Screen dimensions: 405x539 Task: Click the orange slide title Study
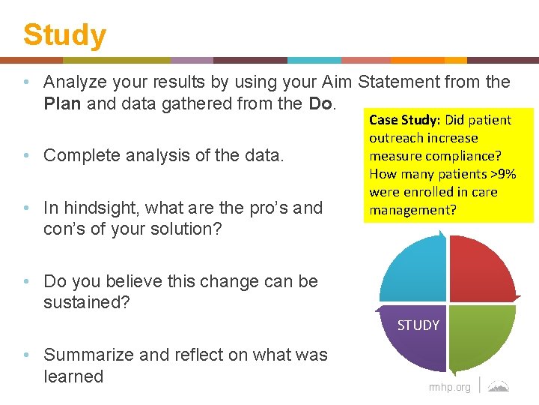pyautogui.click(x=64, y=34)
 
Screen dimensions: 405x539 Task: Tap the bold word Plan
pyautogui.click(x=63, y=104)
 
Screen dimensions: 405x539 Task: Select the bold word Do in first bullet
pyautogui.click(x=319, y=104)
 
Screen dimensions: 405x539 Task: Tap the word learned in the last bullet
pyautogui.click(x=73, y=376)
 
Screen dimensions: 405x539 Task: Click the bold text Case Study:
pyautogui.click(x=405, y=120)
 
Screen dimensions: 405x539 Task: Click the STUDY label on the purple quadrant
pyautogui.click(x=418, y=325)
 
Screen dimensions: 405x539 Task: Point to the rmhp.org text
pyautogui.click(x=449, y=387)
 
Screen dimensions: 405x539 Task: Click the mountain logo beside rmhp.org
pyautogui.click(x=499, y=386)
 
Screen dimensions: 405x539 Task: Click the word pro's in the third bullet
pyautogui.click(x=255, y=208)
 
